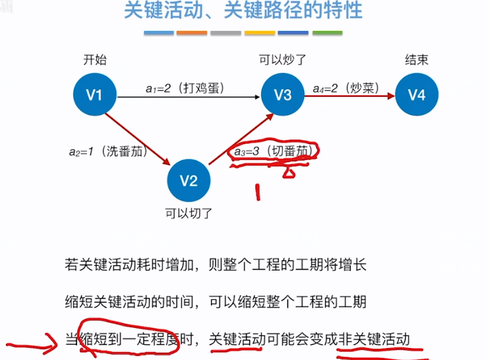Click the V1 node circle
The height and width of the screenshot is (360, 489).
click(x=94, y=95)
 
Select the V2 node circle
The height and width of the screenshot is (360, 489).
click(x=190, y=181)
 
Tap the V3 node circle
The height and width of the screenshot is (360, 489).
click(x=282, y=95)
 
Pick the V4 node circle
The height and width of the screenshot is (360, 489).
click(x=417, y=95)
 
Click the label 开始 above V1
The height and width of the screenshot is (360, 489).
click(x=94, y=61)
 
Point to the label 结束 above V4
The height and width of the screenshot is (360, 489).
click(x=417, y=61)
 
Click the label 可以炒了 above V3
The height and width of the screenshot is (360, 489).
click(x=282, y=61)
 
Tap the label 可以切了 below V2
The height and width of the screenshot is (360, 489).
click(x=190, y=213)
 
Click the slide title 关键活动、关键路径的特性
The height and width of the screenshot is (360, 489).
click(x=243, y=13)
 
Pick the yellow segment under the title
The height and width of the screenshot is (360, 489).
click(x=259, y=32)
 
